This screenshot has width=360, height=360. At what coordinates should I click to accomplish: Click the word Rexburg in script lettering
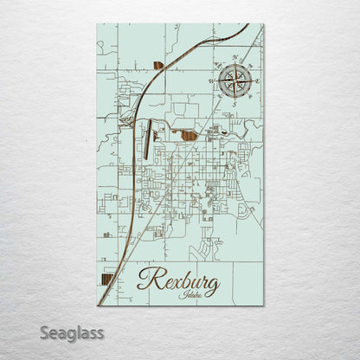(178, 283)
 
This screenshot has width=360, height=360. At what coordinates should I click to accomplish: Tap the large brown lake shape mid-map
(187, 133)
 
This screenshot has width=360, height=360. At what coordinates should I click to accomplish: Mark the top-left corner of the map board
(97, 24)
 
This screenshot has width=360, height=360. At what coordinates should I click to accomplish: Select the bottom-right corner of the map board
(264, 305)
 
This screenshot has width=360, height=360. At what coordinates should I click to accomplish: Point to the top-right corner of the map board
(264, 24)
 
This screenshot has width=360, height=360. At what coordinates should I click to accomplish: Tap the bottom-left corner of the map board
(97, 305)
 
